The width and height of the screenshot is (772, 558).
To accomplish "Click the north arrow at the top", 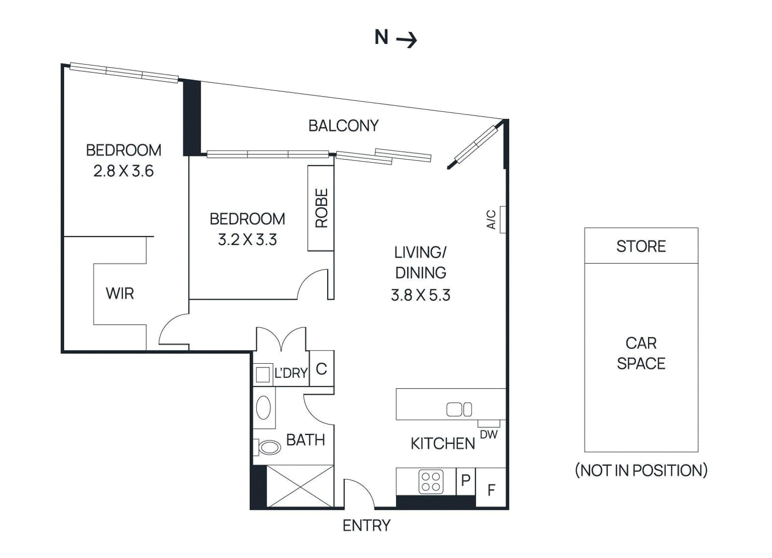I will [x=396, y=38].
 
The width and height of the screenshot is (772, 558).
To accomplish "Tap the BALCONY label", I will [x=343, y=126].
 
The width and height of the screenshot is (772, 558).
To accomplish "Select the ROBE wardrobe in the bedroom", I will [x=321, y=208].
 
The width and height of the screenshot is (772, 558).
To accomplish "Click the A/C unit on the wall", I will [x=502, y=219].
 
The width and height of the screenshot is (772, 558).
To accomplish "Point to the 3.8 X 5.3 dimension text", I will [x=420, y=295].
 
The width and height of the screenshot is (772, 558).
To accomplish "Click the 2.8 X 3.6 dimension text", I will [x=124, y=171].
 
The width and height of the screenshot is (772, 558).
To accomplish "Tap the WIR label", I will [x=120, y=293].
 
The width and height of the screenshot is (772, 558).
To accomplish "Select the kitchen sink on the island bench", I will [x=459, y=409].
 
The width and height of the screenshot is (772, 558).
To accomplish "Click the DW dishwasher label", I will [x=489, y=435].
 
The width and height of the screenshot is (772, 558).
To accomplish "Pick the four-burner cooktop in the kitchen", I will [x=431, y=481].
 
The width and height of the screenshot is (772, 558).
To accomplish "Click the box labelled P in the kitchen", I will [x=466, y=480].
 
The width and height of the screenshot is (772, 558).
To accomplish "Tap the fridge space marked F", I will [x=491, y=490].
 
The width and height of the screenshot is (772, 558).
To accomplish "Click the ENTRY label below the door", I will [x=366, y=525].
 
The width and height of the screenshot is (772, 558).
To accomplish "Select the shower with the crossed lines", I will [x=300, y=486].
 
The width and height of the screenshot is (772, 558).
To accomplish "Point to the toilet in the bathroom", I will [x=268, y=447].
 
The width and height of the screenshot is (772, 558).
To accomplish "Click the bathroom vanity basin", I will [x=263, y=408].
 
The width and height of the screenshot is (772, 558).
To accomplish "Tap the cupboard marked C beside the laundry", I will [x=321, y=369].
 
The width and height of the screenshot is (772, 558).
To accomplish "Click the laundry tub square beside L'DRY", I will [x=262, y=375].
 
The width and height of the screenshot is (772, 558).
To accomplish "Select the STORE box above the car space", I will [x=641, y=246].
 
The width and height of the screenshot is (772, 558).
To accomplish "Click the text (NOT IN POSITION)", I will [x=641, y=470].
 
